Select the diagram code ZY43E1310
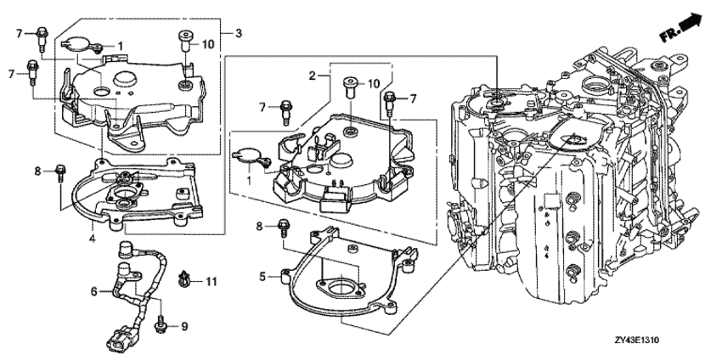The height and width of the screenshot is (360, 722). click(x=636, y=340)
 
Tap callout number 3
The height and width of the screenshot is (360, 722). click(x=238, y=33)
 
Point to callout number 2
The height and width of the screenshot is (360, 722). click(x=313, y=76)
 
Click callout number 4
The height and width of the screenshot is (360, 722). click(x=92, y=239)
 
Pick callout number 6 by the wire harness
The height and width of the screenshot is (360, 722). click(x=94, y=291)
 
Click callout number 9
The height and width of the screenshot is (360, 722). click(x=184, y=327)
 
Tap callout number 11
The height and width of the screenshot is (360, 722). click(x=211, y=281)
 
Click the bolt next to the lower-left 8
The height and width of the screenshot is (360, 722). click(x=59, y=172)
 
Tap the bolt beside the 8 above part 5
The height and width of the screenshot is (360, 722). click(x=283, y=227)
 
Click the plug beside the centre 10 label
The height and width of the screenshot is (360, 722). click(x=350, y=88)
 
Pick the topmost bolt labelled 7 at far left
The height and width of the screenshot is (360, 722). click(x=41, y=35)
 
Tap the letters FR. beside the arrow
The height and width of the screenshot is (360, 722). click(x=668, y=35)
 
